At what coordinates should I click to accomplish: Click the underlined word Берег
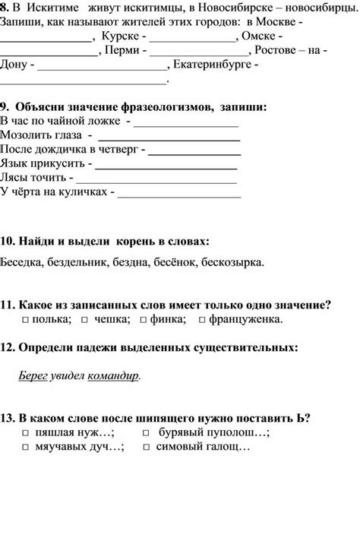tap(32, 375)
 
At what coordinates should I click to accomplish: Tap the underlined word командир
tap(114, 375)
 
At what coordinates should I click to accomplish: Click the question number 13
tap(7, 418)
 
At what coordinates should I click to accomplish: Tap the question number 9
tap(5, 106)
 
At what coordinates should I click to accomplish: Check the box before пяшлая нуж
tap(26, 433)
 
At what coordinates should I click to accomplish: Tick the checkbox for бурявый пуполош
tap(146, 433)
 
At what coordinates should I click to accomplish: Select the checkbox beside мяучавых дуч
tap(26, 448)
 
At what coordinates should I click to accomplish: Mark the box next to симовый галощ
tap(146, 448)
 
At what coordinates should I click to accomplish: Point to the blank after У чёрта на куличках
tap(180, 196)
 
